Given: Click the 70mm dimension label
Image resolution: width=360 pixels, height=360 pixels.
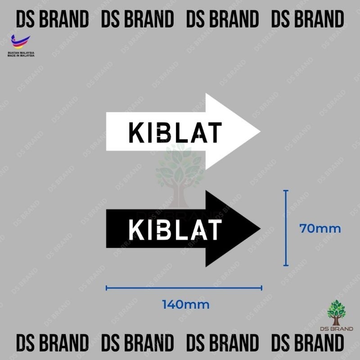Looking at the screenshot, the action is (x=320, y=229).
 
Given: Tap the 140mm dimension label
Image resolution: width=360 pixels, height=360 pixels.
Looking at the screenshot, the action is (x=186, y=305).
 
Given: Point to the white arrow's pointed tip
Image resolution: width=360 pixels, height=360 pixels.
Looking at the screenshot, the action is (x=261, y=131).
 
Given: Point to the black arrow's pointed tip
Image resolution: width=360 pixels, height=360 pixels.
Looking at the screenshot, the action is (x=261, y=229).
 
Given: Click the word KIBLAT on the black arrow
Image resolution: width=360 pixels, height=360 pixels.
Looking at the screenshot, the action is (x=175, y=229).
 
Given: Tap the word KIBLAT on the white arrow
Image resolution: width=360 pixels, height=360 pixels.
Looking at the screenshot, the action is (x=175, y=132).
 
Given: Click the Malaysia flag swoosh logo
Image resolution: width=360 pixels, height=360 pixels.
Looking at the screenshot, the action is (x=20, y=42).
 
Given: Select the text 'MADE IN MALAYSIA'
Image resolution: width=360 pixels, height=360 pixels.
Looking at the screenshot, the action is (x=21, y=55).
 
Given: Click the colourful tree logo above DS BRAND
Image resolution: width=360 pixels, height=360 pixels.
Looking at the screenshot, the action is (x=336, y=313).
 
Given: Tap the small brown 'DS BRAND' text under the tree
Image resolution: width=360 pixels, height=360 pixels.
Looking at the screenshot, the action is (x=337, y=329).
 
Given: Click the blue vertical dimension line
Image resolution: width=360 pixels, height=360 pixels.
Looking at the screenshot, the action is (x=286, y=228).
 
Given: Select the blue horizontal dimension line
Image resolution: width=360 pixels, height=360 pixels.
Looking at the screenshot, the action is (x=184, y=288).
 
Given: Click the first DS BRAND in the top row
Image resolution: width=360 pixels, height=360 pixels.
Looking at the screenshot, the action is (x=52, y=18).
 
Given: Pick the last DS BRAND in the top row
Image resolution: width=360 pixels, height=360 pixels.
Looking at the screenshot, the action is (x=307, y=18).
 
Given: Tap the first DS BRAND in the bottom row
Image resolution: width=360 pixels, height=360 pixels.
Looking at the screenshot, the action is (x=52, y=343).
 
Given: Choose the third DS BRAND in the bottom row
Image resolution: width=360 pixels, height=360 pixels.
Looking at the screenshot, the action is (x=222, y=343).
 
